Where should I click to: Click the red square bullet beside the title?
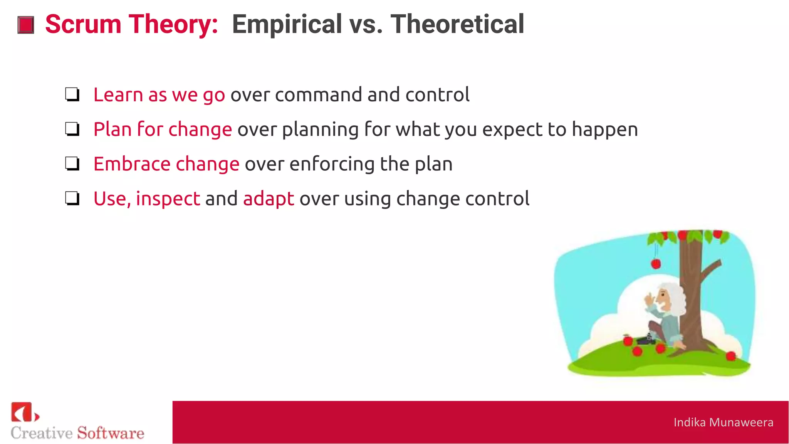[26, 25]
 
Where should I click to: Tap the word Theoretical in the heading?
[457, 24]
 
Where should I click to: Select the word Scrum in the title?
[83, 24]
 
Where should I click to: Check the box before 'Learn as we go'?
[72, 94]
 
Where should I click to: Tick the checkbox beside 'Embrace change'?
[72, 164]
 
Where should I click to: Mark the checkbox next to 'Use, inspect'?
[72, 198]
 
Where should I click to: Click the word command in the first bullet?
[319, 95]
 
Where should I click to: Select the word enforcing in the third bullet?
[332, 165]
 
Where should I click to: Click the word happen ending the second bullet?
[605, 130]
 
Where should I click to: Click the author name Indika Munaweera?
[723, 422]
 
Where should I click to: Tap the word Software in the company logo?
[111, 433]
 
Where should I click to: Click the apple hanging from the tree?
[656, 264]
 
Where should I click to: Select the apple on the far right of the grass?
[730, 356]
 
